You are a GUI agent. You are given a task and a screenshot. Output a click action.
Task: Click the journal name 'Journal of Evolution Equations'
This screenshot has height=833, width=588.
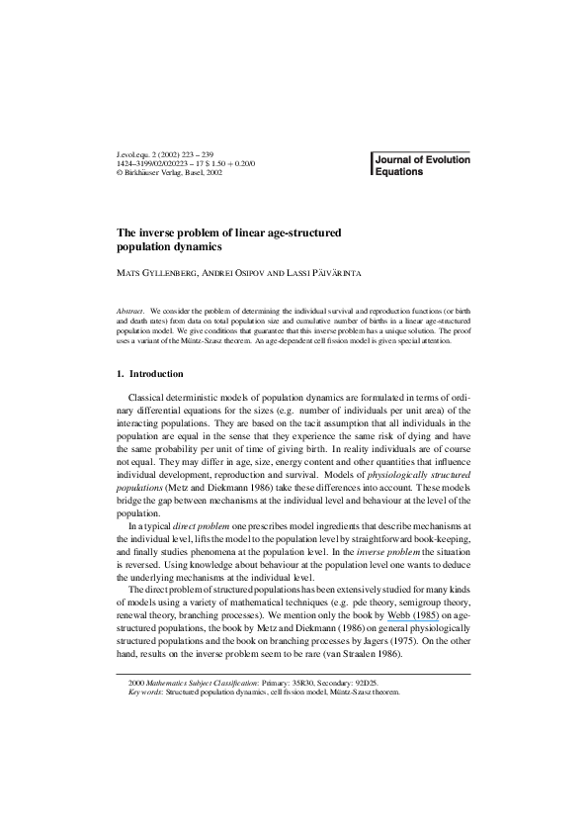click(422, 164)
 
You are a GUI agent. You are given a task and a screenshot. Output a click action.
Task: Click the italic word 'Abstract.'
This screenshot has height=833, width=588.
click(131, 312)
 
